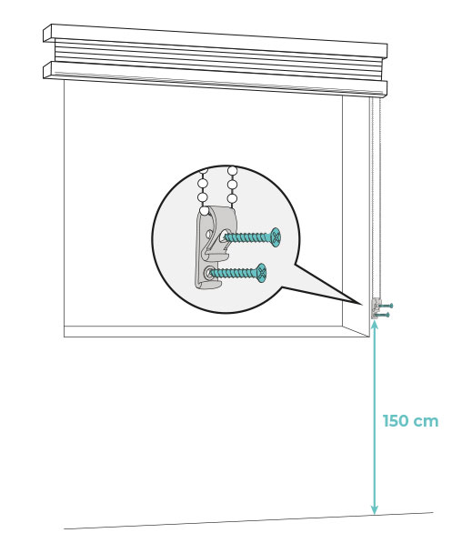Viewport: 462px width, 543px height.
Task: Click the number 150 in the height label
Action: (x=396, y=421)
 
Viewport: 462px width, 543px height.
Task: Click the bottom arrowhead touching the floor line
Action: (x=375, y=510)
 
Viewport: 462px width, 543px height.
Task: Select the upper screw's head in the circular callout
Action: (x=276, y=237)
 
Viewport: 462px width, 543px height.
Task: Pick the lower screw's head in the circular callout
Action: (x=262, y=273)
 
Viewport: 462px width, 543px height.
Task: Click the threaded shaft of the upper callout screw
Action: (x=248, y=237)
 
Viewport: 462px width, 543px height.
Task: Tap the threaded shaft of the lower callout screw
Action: (x=234, y=273)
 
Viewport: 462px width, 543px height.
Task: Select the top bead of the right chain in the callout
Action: (x=233, y=171)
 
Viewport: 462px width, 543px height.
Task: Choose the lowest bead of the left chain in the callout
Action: (x=205, y=210)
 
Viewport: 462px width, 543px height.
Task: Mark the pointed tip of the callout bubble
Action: (x=362, y=305)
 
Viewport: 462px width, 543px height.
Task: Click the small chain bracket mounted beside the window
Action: (x=375, y=308)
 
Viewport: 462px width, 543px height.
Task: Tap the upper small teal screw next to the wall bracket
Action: (x=387, y=306)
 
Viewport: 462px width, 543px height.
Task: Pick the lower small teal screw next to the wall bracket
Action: (x=384, y=315)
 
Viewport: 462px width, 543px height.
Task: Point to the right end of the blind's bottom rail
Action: (x=387, y=89)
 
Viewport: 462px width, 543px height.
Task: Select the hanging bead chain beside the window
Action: (x=376, y=197)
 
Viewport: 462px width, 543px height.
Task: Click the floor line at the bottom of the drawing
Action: (x=248, y=520)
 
